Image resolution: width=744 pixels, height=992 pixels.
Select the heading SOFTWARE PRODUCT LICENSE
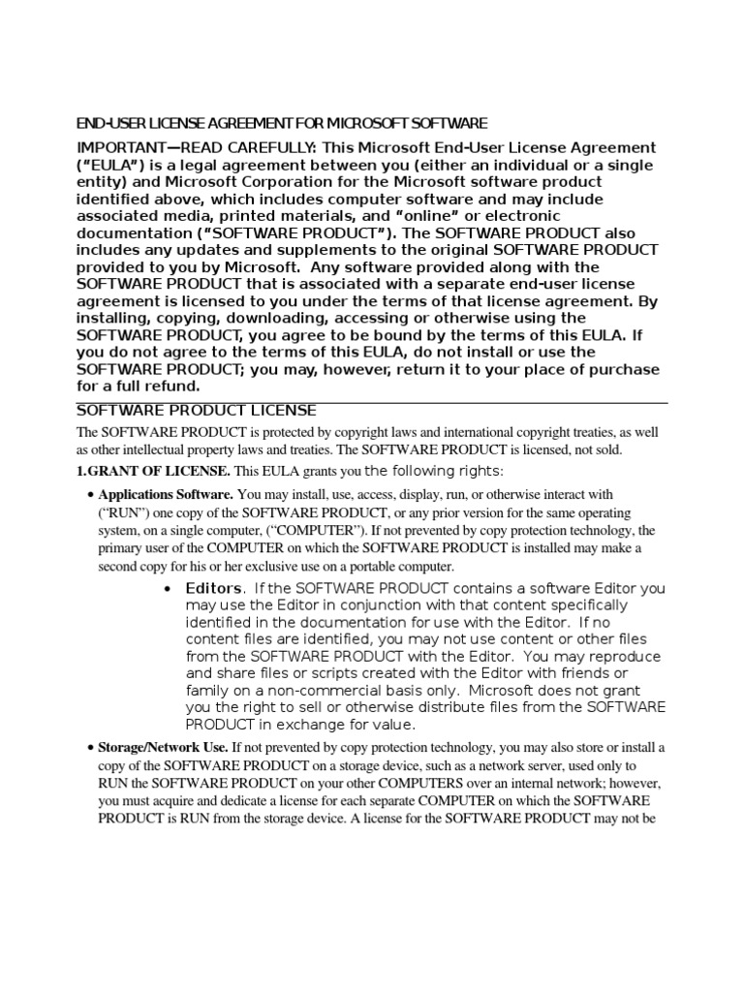(197, 411)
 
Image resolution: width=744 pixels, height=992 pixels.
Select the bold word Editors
(213, 588)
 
